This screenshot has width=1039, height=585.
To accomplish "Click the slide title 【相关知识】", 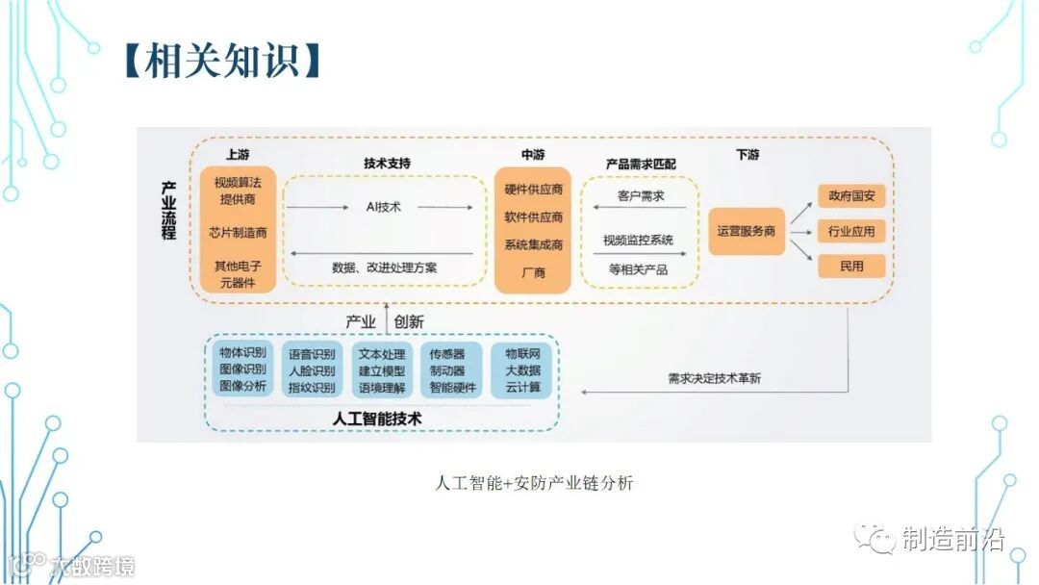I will (x=220, y=61).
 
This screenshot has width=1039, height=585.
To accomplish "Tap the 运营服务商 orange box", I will (x=747, y=232).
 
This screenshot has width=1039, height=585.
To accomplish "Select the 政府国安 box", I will (x=851, y=196).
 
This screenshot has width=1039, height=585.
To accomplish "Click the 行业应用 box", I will (x=851, y=231).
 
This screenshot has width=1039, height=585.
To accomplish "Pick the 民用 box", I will (x=851, y=266).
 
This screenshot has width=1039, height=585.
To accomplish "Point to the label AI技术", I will (x=383, y=207).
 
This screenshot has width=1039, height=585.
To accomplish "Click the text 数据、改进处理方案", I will (x=384, y=267).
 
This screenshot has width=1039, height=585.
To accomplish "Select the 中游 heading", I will (x=532, y=155).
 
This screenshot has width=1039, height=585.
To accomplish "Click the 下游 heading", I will (x=748, y=155).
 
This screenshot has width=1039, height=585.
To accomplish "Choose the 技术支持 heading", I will (x=387, y=164).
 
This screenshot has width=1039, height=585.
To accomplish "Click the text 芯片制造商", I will (x=238, y=232).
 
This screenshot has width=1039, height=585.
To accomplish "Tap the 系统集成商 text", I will (x=533, y=245).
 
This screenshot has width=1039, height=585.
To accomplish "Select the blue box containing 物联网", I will (x=522, y=369).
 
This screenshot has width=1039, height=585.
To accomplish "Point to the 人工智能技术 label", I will (x=377, y=420).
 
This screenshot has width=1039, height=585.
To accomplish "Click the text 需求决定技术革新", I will (x=713, y=378).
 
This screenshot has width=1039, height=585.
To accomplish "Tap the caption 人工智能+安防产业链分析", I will (x=533, y=483).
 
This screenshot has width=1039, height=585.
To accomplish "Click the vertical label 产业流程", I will (x=169, y=209).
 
